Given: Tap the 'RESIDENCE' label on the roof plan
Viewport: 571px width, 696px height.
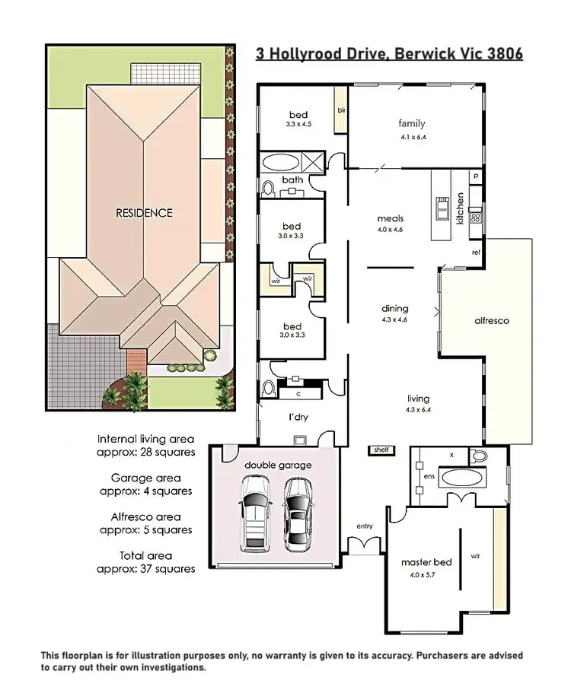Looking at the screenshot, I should [144, 213].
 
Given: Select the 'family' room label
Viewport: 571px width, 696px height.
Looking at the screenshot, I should [411, 123].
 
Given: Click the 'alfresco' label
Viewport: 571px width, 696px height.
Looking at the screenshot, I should [490, 321].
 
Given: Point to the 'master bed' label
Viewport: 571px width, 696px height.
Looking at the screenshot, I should [426, 562].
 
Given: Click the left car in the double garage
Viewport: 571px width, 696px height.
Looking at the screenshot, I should [253, 513].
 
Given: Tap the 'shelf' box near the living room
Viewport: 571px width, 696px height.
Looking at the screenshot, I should [381, 450].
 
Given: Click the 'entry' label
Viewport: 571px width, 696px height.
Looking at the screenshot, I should [364, 526].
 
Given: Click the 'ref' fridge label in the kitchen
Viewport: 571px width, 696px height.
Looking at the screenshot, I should [476, 252].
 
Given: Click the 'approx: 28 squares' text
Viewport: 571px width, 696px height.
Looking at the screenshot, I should [145, 452].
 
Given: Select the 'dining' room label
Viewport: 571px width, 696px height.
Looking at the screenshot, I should [395, 308].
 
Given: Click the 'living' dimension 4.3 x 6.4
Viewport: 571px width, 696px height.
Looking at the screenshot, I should [418, 409].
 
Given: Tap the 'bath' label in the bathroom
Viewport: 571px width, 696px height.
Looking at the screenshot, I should [293, 180].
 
